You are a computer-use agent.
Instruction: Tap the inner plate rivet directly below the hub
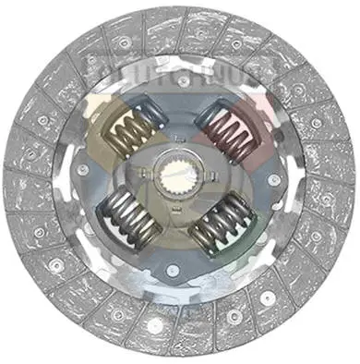pyautogui.click(x=172, y=270)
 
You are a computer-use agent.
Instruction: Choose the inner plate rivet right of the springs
pyautogui.click(x=269, y=182)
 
